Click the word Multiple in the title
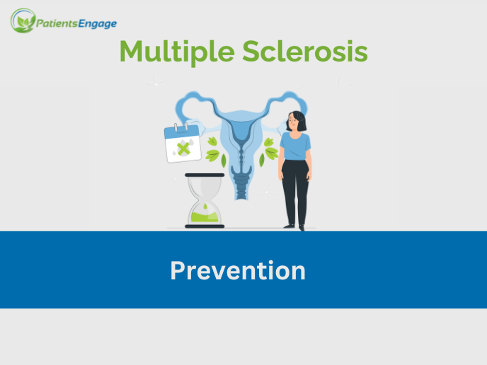[176, 51]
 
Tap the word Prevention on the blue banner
[238, 270]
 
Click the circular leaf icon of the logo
[23, 21]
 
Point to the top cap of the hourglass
[205, 175]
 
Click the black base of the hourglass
[205, 226]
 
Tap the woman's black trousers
[294, 191]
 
